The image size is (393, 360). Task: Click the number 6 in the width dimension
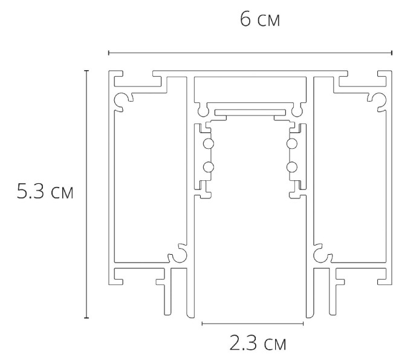pos(246,19)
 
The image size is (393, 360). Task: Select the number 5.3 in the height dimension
pos(31,194)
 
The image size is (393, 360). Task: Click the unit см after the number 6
pos(268,22)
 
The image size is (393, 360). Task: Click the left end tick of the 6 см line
pos(109,54)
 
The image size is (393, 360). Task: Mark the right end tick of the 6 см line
pos(389,54)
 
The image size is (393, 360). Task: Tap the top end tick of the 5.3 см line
pos(86,71)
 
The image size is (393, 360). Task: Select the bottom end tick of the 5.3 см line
pos(86,318)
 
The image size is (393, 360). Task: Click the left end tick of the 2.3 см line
pos(201,324)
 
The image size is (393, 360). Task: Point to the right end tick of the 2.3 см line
pos(304,324)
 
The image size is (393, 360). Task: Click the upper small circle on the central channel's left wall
pos(208,143)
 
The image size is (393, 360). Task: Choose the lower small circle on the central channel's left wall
pos(208,167)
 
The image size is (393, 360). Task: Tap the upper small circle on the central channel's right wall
pos(291,143)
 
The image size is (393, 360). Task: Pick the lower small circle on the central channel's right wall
pos(291,167)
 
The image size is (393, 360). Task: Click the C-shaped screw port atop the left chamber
pos(123,100)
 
